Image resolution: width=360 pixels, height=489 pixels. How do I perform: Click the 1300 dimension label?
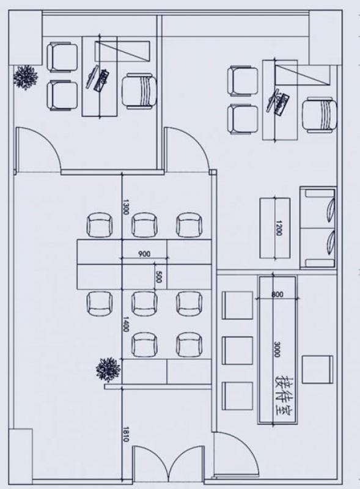pos(126,207)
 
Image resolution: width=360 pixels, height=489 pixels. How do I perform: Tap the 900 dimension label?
pos(144,254)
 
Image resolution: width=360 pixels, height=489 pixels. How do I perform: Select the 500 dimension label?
pos(159,277)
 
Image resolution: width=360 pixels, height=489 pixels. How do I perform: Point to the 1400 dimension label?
pos(126,325)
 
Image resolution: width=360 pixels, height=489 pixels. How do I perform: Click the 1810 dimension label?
pos(126,435)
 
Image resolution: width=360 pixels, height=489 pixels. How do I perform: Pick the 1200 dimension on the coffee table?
pos(279,227)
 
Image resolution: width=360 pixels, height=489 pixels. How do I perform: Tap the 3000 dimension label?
pos(277,349)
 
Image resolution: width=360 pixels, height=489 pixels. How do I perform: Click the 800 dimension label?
pos(277,294)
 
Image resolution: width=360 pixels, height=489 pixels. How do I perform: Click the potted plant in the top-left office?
pos(25,78)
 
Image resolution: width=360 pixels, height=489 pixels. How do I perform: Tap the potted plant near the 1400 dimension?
pos(108,370)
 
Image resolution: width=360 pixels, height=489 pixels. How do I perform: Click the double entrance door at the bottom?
pos(169,464)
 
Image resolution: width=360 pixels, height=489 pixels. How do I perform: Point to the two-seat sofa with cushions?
pos(318,228)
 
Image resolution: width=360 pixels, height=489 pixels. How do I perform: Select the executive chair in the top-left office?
pos(139,91)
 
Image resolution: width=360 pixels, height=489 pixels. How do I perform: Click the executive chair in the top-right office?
pos(320,116)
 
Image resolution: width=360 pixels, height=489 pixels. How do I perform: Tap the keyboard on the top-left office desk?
pos(102,81)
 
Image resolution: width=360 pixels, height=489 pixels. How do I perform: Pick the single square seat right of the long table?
pos(317,370)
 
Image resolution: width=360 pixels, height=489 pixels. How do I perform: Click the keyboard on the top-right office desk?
pos(282,105)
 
